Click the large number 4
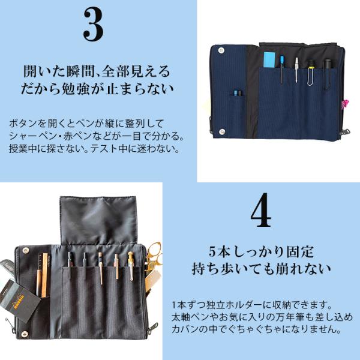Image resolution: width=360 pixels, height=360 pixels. click(261, 210)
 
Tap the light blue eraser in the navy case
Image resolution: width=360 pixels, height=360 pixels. click(269, 59)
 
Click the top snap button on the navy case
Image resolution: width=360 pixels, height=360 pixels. click(221, 50)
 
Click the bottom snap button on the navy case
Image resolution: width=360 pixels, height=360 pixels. click(222, 131)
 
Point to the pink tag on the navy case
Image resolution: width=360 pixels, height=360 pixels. click(344, 104)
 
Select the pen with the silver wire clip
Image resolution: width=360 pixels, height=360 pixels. click(311, 72)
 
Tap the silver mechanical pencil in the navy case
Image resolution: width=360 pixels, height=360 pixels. click(296, 70)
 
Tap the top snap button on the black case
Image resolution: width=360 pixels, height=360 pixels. click(25, 250)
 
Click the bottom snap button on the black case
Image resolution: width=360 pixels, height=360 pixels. click(25, 334)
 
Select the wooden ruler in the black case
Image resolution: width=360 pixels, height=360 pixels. click(45, 275)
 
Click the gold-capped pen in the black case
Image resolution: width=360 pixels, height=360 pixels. click(131, 266)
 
